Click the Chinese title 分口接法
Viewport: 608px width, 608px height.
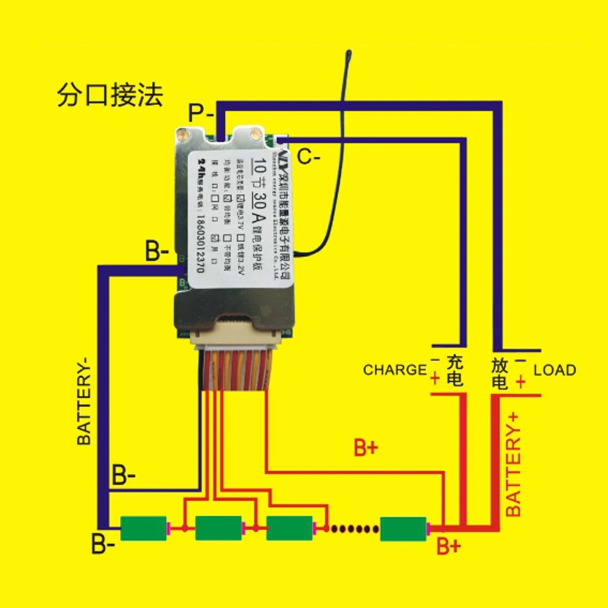click(110, 95)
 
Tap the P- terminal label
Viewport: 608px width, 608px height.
click(200, 113)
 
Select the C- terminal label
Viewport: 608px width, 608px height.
click(309, 157)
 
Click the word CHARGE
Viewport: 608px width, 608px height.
click(395, 370)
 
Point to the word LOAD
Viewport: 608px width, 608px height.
click(554, 370)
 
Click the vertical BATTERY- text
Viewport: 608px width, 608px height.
click(85, 401)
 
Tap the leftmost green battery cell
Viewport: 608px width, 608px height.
click(143, 528)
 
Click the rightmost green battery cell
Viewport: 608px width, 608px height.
click(404, 528)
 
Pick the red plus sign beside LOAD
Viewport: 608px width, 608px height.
click(520, 382)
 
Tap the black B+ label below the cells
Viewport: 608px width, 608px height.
click(449, 547)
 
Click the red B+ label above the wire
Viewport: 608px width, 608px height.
click(366, 449)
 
